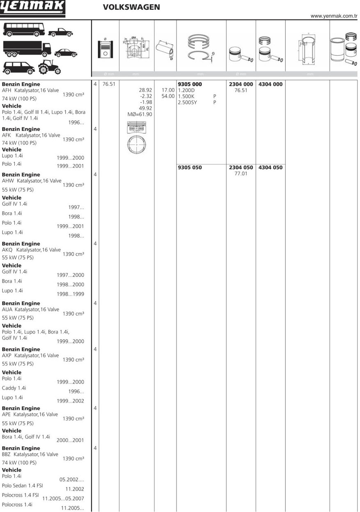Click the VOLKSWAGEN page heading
pyautogui.click(x=131, y=7)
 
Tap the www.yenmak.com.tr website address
pyautogui.click(x=334, y=16)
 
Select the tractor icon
pyautogui.click(x=49, y=67)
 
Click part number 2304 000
pyautogui.click(x=241, y=84)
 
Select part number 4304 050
pyautogui.click(x=271, y=168)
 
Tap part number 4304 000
pyautogui.click(x=271, y=84)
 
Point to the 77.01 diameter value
pyautogui.click(x=241, y=174)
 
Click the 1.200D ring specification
pyautogui.click(x=186, y=90)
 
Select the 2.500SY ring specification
pyautogui.click(x=188, y=103)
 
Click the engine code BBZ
pyautogui.click(x=7, y=455)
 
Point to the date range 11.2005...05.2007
pyautogui.click(x=63, y=498)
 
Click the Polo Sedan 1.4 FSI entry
pyautogui.click(x=22, y=485)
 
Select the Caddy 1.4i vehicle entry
pyautogui.click(x=14, y=388)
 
